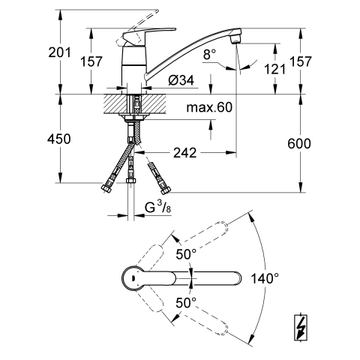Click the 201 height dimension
(59, 52)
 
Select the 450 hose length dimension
(59, 139)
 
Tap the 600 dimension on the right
(299, 143)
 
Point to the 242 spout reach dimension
(185, 152)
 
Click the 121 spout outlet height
(274, 69)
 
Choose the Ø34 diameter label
(181, 80)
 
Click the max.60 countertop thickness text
(209, 107)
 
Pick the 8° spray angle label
(209, 54)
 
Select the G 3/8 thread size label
(157, 208)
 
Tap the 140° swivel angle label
(265, 278)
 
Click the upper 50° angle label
(186, 254)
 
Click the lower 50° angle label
(186, 303)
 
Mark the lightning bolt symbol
(301, 327)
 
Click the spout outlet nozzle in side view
(235, 39)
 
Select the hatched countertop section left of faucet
(114, 103)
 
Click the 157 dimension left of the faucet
(91, 61)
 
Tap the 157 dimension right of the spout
(301, 61)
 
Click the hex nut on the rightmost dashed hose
(165, 190)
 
